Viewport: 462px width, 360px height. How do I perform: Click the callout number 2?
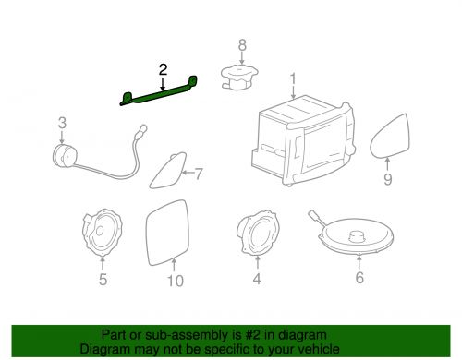point(163,70)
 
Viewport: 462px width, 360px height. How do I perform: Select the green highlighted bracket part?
point(159,92)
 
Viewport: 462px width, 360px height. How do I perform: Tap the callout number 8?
point(242,45)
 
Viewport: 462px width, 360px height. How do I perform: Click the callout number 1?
point(293,78)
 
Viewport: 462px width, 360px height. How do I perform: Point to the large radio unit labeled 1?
point(303,140)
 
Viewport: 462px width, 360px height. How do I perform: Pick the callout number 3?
point(62,123)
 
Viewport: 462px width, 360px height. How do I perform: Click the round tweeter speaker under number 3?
point(63,156)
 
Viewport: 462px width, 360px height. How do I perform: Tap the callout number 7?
point(199,174)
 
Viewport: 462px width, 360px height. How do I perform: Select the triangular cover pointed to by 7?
point(169,170)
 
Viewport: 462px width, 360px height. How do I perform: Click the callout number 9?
point(388,179)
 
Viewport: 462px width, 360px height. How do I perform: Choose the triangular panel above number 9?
point(391,136)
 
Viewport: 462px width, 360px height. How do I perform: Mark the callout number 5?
point(103,280)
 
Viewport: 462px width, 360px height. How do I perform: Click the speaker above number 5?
point(103,233)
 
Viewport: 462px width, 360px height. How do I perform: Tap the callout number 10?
point(176,281)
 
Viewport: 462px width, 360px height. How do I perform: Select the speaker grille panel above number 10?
point(167,233)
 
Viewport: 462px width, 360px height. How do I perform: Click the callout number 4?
point(257,279)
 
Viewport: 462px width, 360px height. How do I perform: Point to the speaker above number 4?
point(258,233)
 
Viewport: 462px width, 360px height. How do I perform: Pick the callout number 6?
point(359,277)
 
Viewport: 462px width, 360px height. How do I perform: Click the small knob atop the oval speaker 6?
point(358,236)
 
